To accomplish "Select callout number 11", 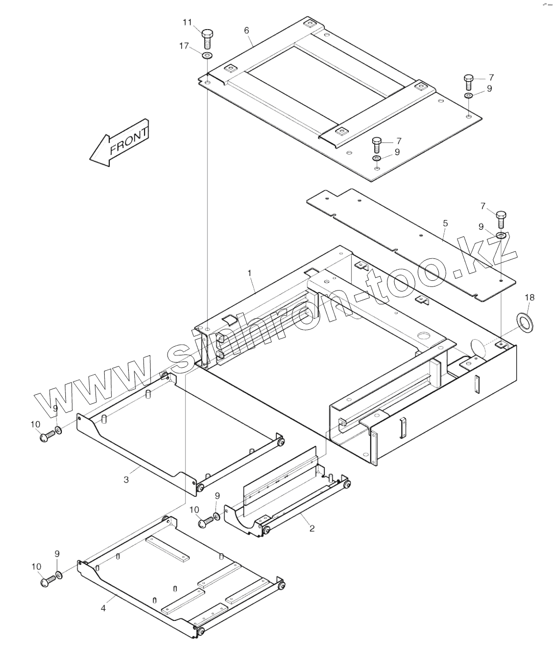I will coord(187,22).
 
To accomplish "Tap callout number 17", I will coord(184,46).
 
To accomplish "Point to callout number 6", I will coord(247,31).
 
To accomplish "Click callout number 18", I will coord(530,298).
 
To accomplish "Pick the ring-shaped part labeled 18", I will coord(523,322).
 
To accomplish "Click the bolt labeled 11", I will coord(207,37).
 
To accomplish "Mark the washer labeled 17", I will coord(207,55).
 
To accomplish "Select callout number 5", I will coord(445,223).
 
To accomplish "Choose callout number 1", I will coord(250,273).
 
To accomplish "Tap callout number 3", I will coord(126,479).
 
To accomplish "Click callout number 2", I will coord(311,529).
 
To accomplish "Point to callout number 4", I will coord(103,608).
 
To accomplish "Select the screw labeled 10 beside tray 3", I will coord(46,436).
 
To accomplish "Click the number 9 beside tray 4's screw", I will coord(57,554).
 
